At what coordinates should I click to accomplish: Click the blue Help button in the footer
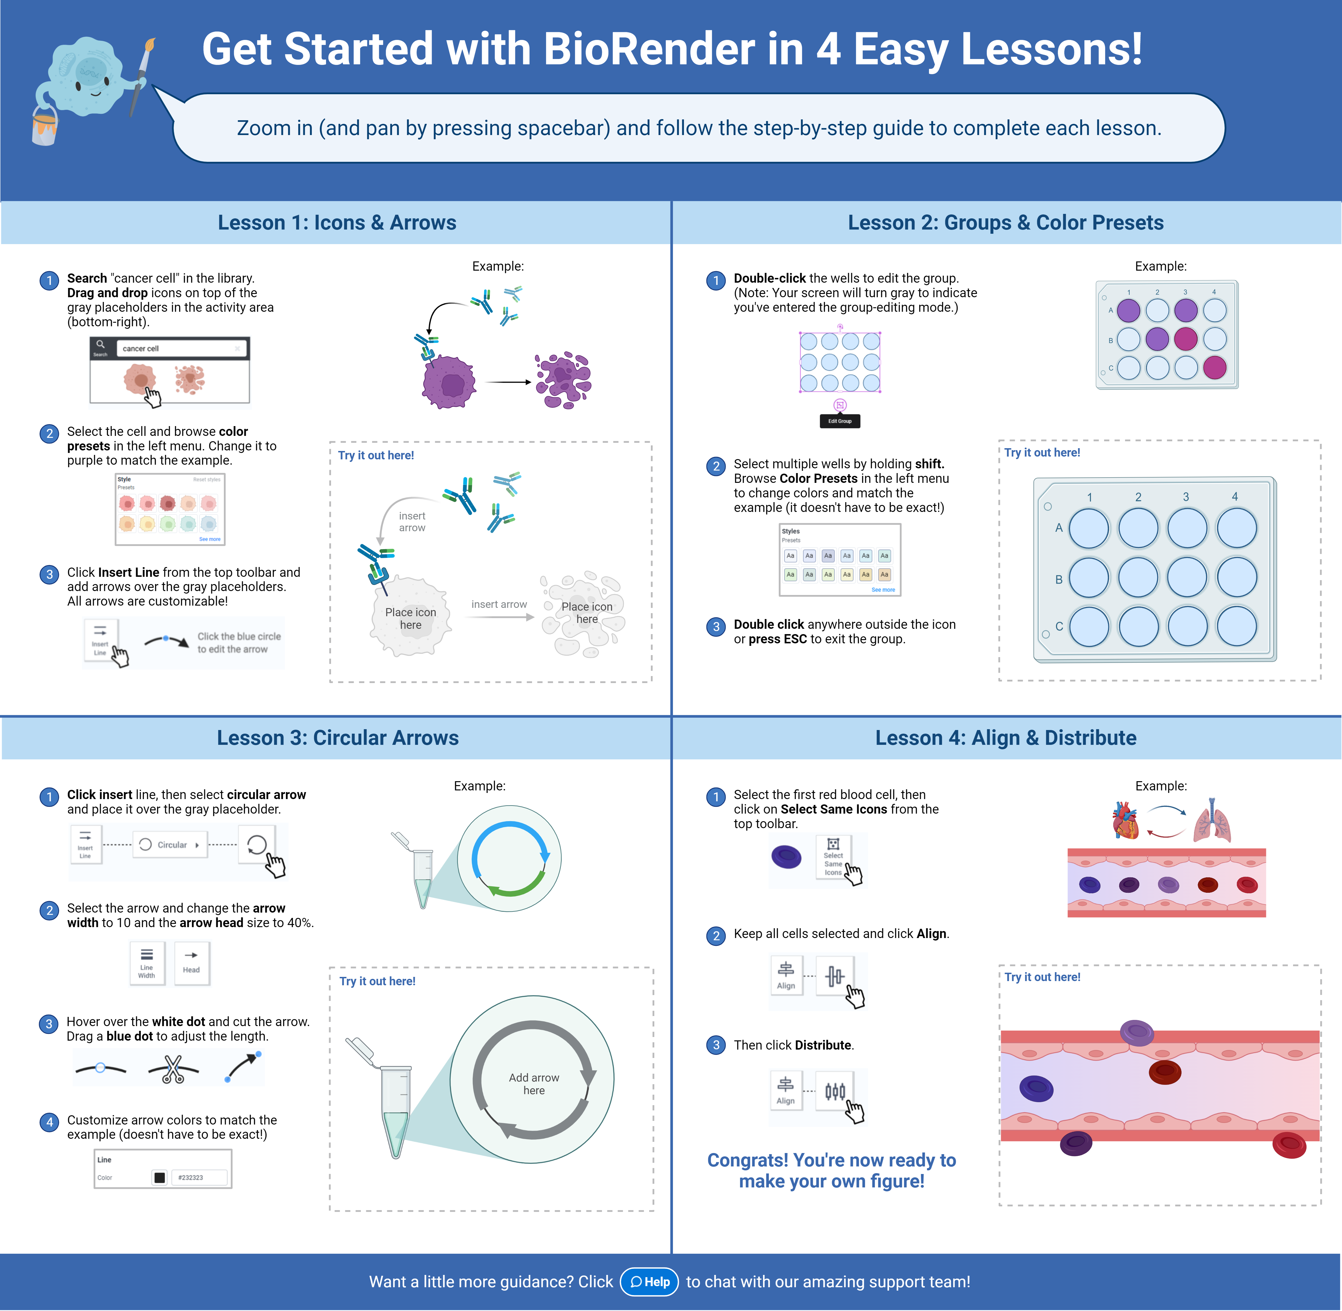click(649, 1281)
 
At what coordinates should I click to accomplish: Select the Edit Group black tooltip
click(839, 421)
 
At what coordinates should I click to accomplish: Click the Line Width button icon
click(147, 963)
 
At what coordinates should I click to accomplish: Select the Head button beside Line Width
click(192, 963)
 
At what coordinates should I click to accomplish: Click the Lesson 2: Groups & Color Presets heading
click(1005, 222)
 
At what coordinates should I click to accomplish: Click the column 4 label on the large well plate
click(1235, 497)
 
